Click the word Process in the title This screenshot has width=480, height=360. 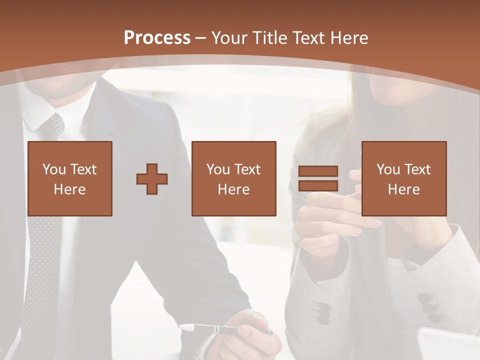(157, 38)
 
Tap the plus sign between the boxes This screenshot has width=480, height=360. (152, 178)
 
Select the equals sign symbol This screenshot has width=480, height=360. (318, 178)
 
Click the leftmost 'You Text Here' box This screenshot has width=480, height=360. (70, 178)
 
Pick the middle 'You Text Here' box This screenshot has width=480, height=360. (233, 178)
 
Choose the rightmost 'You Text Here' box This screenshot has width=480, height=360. (404, 178)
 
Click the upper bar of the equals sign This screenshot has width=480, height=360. (318, 171)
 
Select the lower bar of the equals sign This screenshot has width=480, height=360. (318, 186)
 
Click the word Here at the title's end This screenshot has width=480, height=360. (348, 38)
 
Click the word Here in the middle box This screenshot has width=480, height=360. (233, 189)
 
